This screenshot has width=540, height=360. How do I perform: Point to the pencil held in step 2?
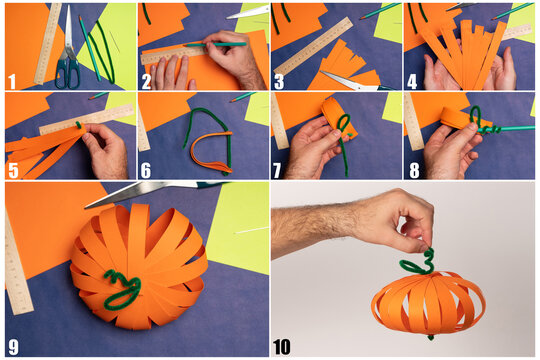coord(214,44)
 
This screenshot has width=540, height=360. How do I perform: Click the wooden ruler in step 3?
coord(313,46)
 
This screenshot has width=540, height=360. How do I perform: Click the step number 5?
coord(13,170)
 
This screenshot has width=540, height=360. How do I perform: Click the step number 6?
coord(146,170)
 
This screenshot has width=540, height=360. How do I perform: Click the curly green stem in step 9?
coord(120,289)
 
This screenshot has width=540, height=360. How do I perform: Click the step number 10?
coord(282,347)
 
